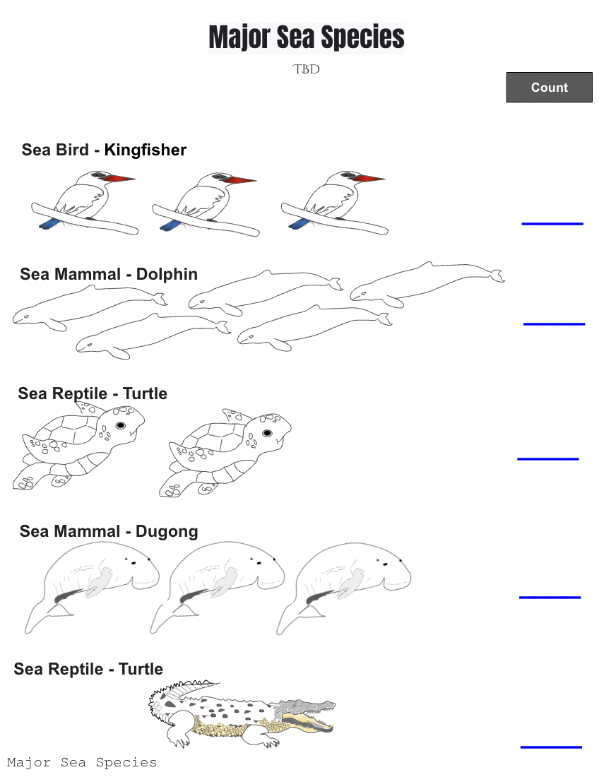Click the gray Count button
pyautogui.click(x=549, y=87)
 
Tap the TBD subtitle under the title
pyautogui.click(x=306, y=69)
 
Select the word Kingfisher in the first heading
pyautogui.click(x=146, y=150)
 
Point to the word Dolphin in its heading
pyautogui.click(x=167, y=274)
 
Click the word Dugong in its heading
pyautogui.click(x=167, y=532)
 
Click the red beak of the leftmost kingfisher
pyautogui.click(x=119, y=179)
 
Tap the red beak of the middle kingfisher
pyautogui.click(x=239, y=180)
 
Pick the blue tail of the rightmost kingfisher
pyautogui.click(x=299, y=224)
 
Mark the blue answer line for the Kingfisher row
pyautogui.click(x=552, y=224)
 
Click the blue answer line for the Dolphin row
pyautogui.click(x=554, y=324)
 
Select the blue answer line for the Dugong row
pyautogui.click(x=550, y=598)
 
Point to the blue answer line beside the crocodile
pyautogui.click(x=551, y=747)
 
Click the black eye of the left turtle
pyautogui.click(x=121, y=426)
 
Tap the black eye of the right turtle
pyautogui.click(x=267, y=433)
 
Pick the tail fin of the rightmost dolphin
pyautogui.click(x=497, y=275)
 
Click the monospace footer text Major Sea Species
pyautogui.click(x=82, y=762)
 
